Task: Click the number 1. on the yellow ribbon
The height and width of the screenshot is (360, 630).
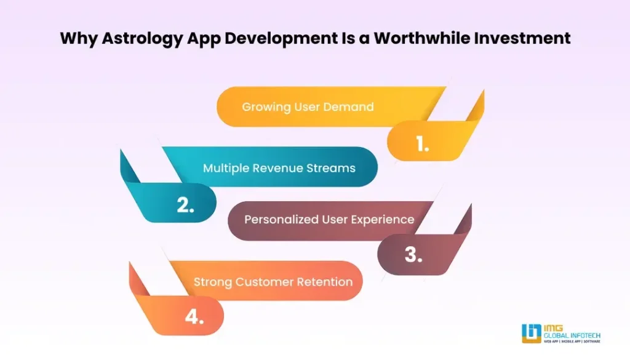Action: pyautogui.click(x=422, y=143)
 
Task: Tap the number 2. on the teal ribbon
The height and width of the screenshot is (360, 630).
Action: pyautogui.click(x=186, y=205)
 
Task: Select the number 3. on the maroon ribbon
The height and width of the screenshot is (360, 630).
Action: pyautogui.click(x=413, y=254)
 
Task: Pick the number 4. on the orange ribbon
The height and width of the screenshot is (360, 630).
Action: pyautogui.click(x=194, y=316)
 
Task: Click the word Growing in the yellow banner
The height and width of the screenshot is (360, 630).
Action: pyautogui.click(x=266, y=107)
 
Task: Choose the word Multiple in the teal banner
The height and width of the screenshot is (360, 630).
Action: pyautogui.click(x=226, y=169)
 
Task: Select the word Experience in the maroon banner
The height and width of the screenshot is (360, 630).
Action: pyautogui.click(x=383, y=220)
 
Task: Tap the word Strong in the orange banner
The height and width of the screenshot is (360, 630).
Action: pyautogui.click(x=213, y=282)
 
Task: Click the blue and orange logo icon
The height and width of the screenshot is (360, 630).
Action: pyautogui.click(x=532, y=334)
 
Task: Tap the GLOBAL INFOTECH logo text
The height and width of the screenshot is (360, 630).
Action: pyautogui.click(x=572, y=335)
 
